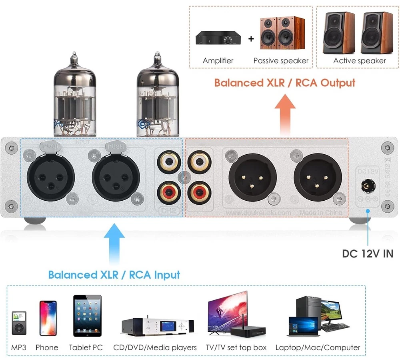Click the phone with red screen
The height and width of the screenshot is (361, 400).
click(47, 319)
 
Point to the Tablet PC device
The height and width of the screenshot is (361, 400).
click(87, 316)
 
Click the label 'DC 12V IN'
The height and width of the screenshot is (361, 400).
click(368, 253)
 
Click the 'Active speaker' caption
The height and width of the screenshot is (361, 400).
click(360, 61)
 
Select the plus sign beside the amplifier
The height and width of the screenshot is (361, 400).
click(251, 39)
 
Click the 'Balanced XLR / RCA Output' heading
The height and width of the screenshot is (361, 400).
click(284, 83)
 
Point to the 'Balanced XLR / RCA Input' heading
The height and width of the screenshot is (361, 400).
click(114, 275)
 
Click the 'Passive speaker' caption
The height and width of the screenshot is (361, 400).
click(281, 61)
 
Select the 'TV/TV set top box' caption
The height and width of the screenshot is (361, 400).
click(236, 347)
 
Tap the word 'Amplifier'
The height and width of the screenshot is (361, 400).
click(218, 61)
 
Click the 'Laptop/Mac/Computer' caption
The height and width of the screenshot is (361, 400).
click(318, 347)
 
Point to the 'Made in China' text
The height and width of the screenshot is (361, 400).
click(320, 213)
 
